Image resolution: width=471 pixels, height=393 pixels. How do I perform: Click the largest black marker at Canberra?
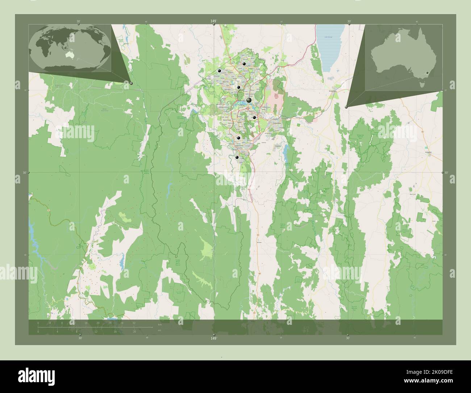(249, 100)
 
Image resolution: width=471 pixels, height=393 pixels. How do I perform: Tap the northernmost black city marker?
(245, 64)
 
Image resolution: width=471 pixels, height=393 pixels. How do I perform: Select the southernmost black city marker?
(237, 157)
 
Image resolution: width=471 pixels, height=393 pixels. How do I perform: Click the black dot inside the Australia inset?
(428, 73)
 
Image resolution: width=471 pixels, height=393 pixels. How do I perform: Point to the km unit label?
(160, 324)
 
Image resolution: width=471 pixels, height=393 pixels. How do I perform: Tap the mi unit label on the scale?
(159, 330)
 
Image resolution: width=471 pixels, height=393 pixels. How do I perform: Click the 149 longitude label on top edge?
(214, 22)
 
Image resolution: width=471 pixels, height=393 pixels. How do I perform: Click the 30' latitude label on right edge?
(446, 173)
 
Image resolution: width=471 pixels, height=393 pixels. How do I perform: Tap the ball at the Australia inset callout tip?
(346, 107)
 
